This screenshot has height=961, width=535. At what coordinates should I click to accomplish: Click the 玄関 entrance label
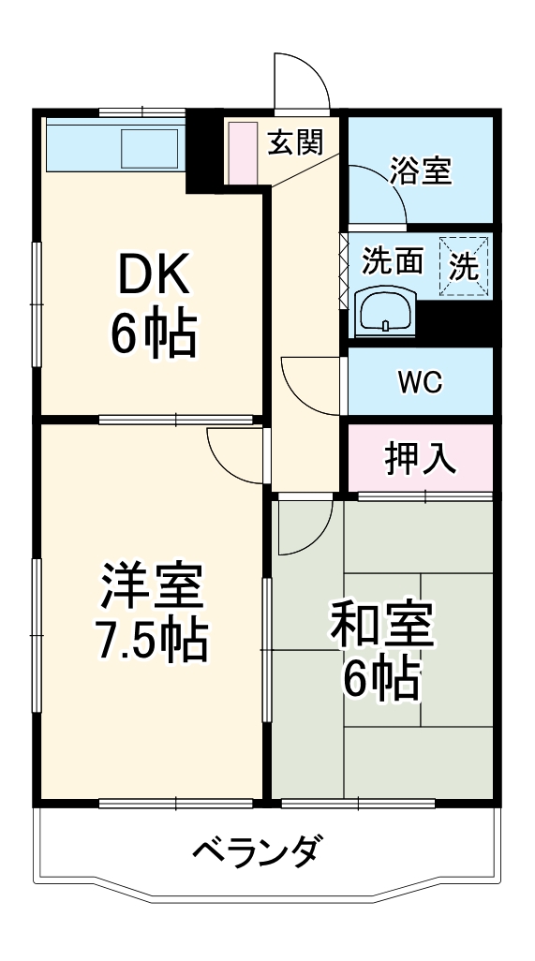(295, 142)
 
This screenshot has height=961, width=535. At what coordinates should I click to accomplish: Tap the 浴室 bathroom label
(421, 171)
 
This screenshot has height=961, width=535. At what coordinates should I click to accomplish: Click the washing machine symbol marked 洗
(465, 267)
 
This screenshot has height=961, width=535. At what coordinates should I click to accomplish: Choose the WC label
(420, 382)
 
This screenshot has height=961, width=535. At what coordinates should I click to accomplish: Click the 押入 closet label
(420, 458)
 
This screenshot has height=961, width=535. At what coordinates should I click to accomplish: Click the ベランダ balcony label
(260, 851)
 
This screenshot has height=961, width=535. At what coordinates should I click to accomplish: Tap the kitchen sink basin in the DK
(150, 147)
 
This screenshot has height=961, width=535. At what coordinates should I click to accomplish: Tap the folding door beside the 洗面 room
(343, 273)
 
